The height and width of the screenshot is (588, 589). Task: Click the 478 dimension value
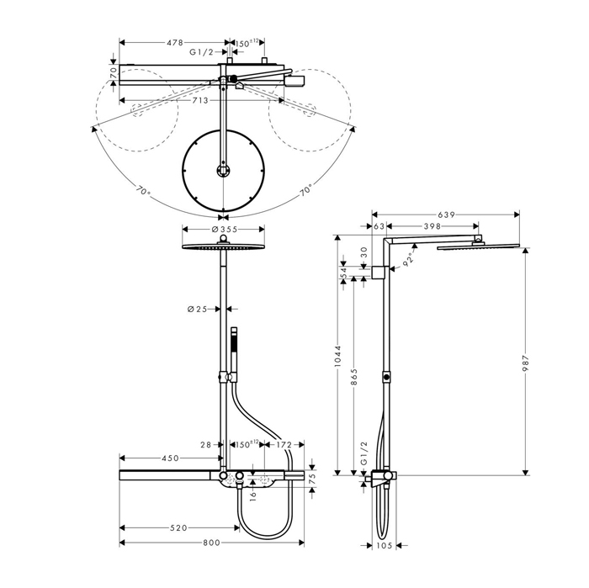(x=175, y=43)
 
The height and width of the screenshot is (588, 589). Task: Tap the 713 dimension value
(x=200, y=101)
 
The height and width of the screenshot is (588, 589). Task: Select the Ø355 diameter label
(x=225, y=229)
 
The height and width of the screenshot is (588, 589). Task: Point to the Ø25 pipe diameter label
(x=197, y=309)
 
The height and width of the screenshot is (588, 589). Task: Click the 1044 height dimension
(x=337, y=356)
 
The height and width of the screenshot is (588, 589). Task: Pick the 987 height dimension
(x=526, y=363)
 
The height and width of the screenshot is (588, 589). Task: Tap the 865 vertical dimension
(x=354, y=377)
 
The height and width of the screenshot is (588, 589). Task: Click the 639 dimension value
(x=447, y=215)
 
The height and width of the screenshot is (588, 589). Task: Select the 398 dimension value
(x=432, y=226)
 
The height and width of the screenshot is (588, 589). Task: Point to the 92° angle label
(x=408, y=259)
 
